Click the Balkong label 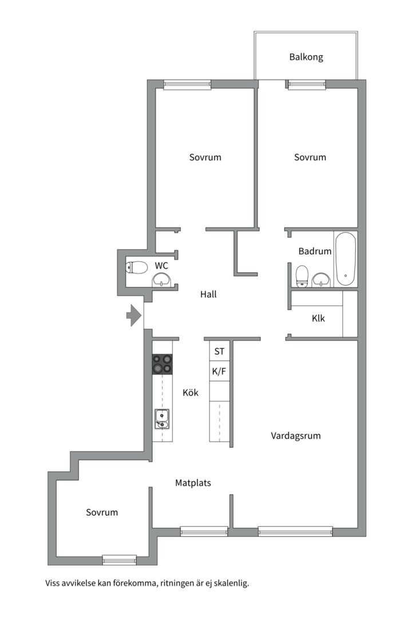point(306,57)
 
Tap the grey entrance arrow point(134,315)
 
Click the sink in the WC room point(162,279)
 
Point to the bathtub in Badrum point(346,259)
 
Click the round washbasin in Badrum point(321,279)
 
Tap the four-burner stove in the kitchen point(162,364)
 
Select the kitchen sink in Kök point(161,419)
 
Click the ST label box point(219,351)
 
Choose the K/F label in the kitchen point(219,371)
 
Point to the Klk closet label point(318,318)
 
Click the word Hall point(208,295)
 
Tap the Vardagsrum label point(296,436)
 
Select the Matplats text point(193,483)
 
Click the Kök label point(191,393)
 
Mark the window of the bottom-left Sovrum point(120,559)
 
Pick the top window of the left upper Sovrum point(187,85)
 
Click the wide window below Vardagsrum point(295,531)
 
